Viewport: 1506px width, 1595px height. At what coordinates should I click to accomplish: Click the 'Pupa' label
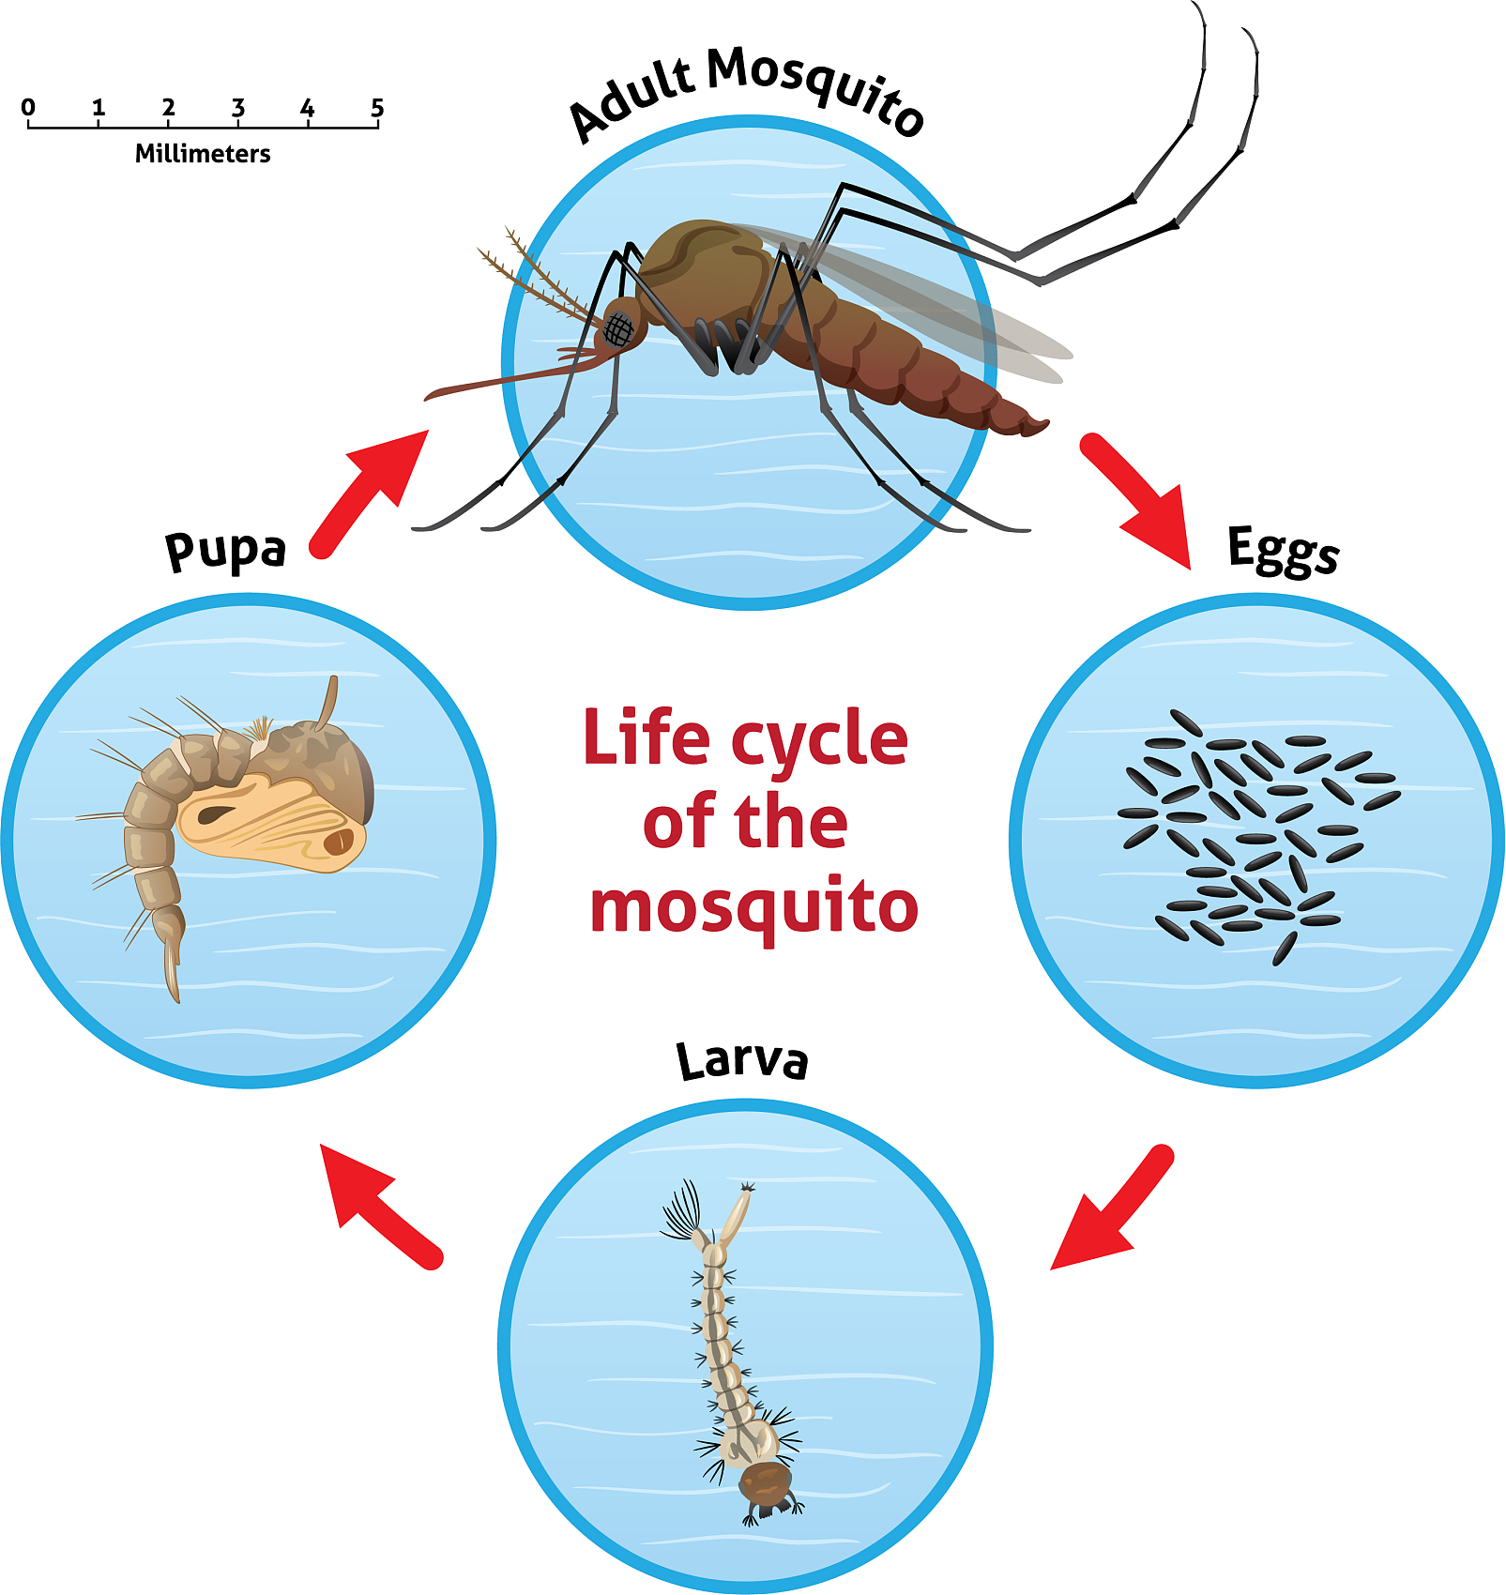click(x=225, y=551)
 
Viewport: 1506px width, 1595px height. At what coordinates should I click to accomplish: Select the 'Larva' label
click(x=742, y=1060)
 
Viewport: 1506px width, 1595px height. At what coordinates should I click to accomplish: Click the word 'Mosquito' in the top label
click(x=814, y=89)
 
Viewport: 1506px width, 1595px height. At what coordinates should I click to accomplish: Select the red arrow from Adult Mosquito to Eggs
click(x=1136, y=500)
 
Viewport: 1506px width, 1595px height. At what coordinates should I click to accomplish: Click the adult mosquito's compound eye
click(x=619, y=330)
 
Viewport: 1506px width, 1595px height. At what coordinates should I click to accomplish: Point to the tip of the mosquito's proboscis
click(x=428, y=398)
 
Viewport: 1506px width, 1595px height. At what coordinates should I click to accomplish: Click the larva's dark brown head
click(x=765, y=1483)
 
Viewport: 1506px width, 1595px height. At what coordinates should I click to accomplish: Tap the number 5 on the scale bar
click(x=377, y=107)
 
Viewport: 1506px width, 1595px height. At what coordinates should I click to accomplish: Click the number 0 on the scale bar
click(x=28, y=107)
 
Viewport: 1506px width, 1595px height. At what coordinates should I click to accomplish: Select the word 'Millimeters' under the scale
click(x=203, y=153)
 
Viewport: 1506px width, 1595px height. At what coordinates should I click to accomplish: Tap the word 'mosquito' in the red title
click(x=753, y=908)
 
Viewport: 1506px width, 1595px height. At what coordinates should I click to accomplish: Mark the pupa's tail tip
click(x=176, y=999)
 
